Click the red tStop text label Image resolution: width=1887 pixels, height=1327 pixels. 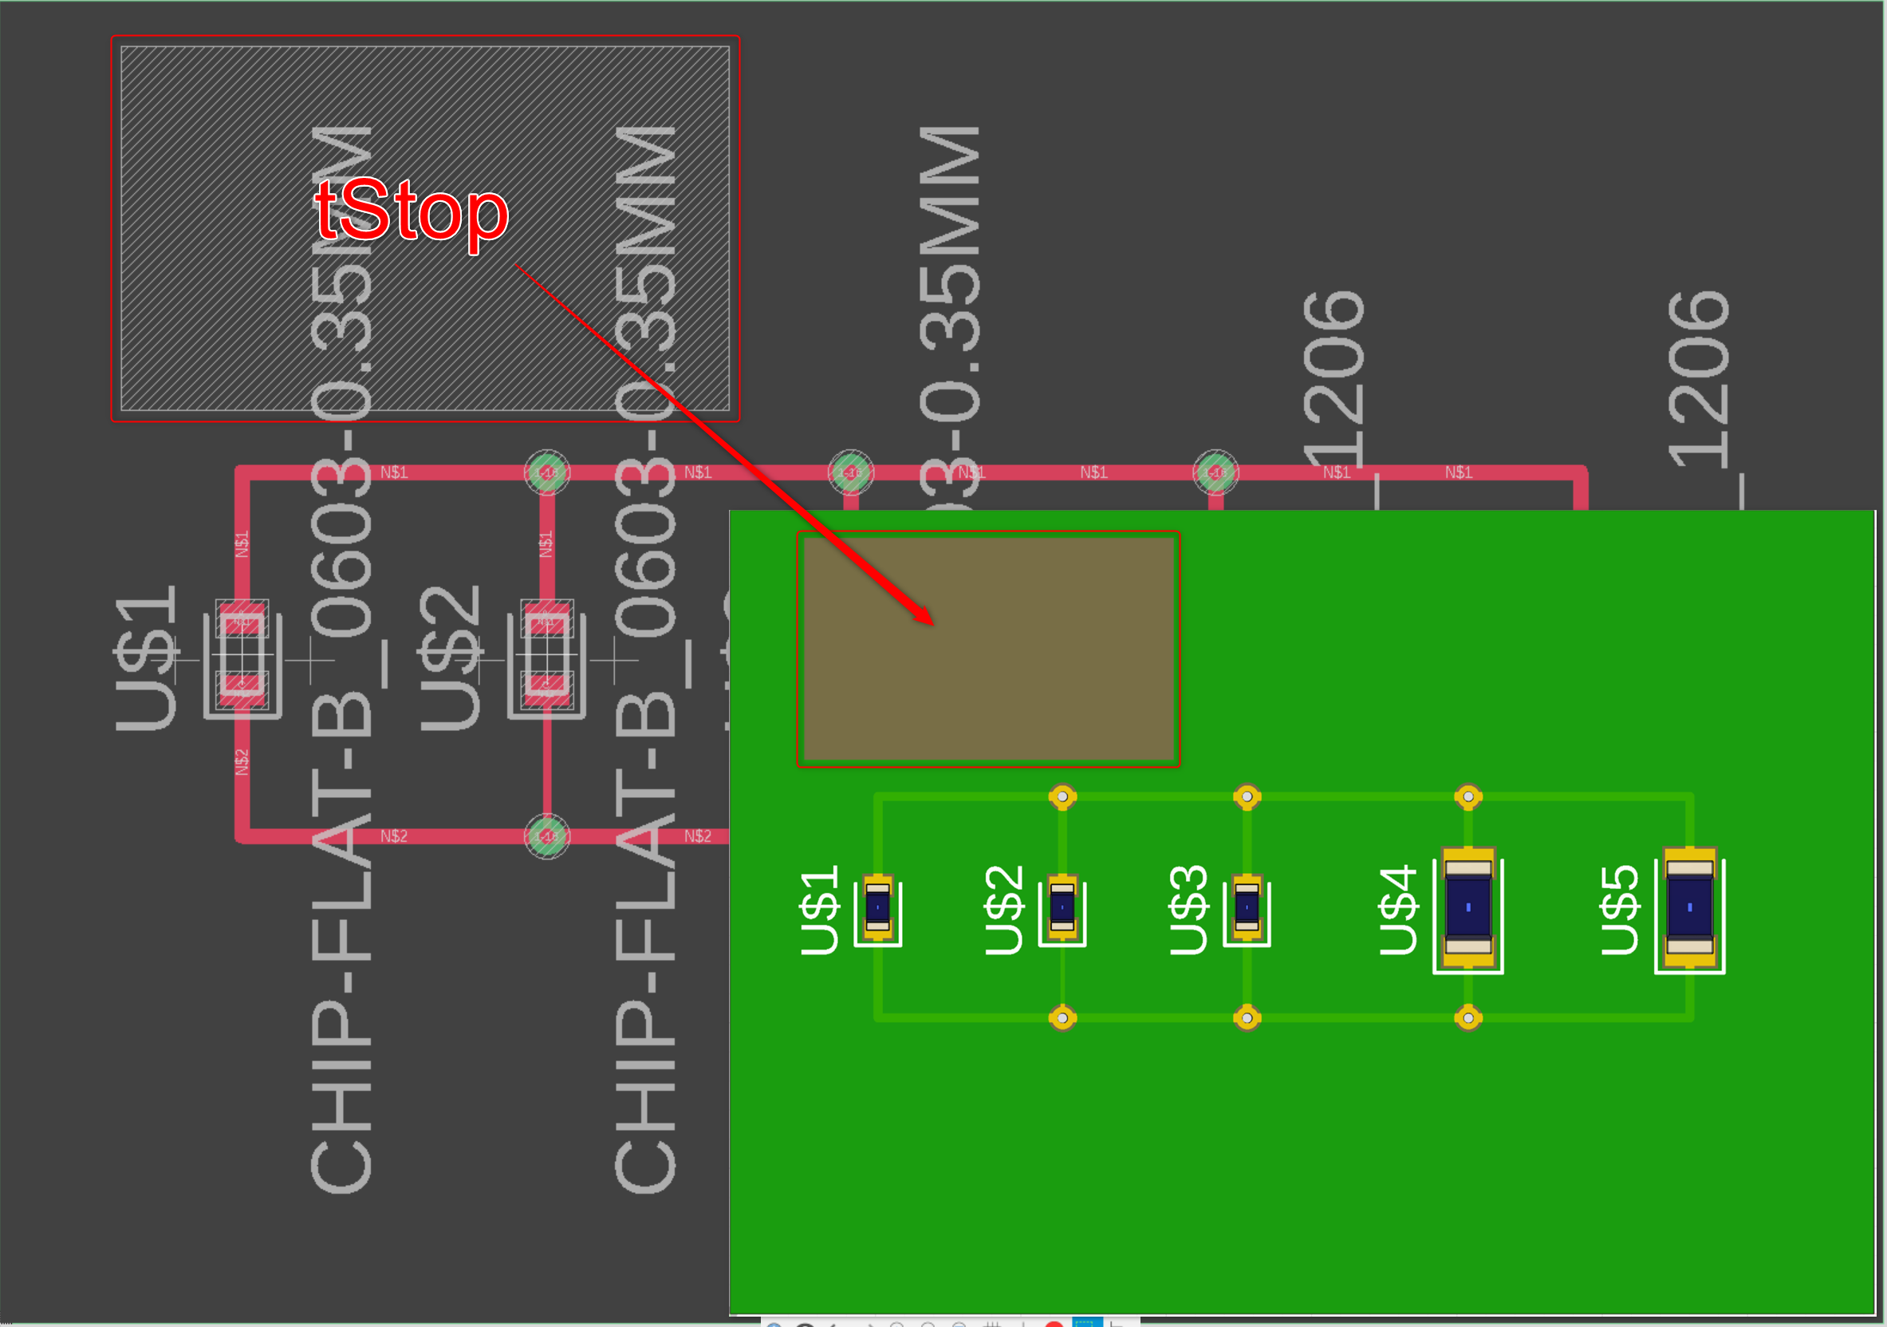pos(411,212)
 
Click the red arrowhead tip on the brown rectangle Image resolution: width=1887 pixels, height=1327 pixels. pos(932,623)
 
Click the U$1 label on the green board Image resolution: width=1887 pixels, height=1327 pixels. pos(819,910)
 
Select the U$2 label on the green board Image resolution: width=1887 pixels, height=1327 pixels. pos(1003,910)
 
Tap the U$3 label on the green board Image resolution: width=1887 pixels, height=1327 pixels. pos(1188,910)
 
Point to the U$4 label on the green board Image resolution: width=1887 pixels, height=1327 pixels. pos(1399,910)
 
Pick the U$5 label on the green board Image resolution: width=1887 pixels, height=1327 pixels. pos(1620,910)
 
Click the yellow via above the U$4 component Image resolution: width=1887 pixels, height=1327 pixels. pos(1467,796)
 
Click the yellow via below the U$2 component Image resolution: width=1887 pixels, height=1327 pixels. pos(1062,1019)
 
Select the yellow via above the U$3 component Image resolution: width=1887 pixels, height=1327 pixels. pos(1247,796)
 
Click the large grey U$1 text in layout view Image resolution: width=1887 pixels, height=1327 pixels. pos(146,658)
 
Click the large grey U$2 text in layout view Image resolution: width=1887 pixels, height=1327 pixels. pos(451,658)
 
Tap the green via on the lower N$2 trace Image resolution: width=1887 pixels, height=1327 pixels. pos(547,836)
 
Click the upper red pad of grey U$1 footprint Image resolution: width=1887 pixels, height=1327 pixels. pos(242,622)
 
